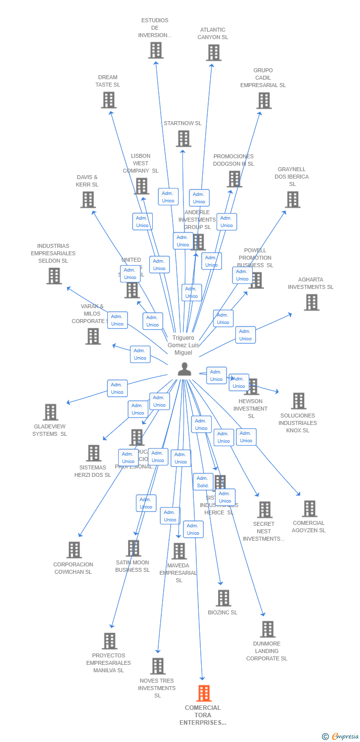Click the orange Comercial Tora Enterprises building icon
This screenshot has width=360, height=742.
click(x=204, y=694)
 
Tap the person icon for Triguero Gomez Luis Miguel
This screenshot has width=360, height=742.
click(x=184, y=369)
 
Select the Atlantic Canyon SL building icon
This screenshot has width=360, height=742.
click(x=214, y=52)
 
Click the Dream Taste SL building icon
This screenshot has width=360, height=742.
click(x=108, y=100)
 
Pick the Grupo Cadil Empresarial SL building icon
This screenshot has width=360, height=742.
click(x=264, y=100)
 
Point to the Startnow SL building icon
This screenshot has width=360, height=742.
click(x=183, y=139)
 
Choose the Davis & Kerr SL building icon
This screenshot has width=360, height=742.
click(x=88, y=200)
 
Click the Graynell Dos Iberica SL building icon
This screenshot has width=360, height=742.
click(x=293, y=199)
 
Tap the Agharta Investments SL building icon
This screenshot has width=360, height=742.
click(x=312, y=302)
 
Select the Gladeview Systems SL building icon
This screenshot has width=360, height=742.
click(x=50, y=412)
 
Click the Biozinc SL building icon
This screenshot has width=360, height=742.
click(x=224, y=598)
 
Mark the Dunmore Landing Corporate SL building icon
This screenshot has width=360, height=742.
click(x=268, y=629)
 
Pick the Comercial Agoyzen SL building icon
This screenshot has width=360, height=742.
click(x=310, y=509)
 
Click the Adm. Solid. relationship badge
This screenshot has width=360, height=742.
click(x=203, y=482)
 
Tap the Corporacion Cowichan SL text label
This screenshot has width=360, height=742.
click(x=73, y=568)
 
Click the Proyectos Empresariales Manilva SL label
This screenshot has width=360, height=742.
click(x=109, y=663)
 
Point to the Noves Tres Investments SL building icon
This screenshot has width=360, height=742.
click(x=158, y=666)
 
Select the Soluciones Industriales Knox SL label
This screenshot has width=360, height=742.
click(x=298, y=423)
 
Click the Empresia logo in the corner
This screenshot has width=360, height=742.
click(x=340, y=737)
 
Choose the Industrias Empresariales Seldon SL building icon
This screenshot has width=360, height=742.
click(x=54, y=276)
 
